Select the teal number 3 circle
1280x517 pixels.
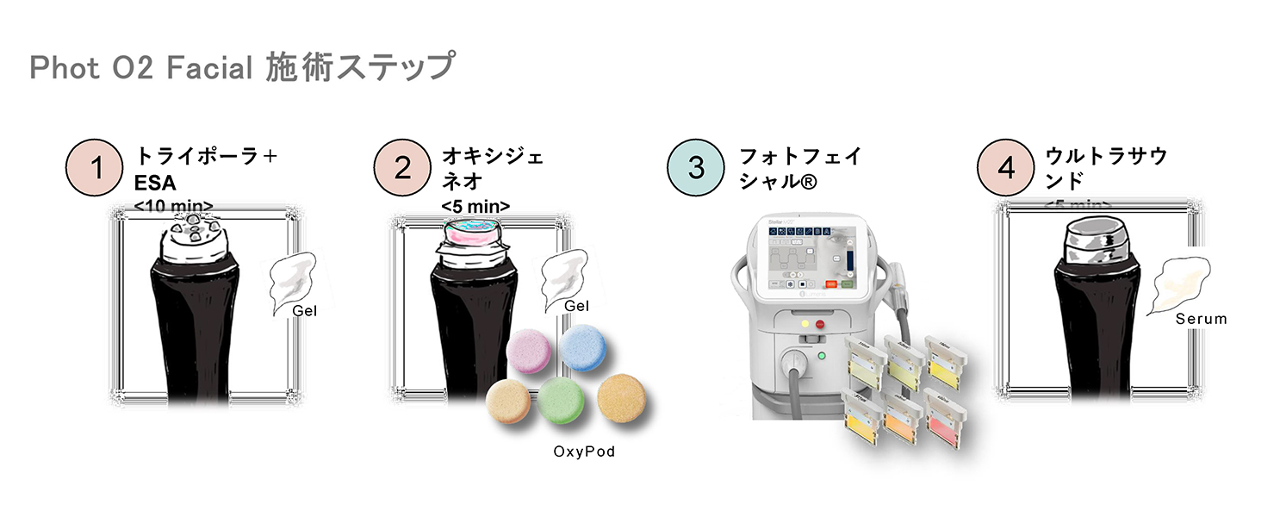(696, 168)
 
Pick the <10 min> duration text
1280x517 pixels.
(174, 205)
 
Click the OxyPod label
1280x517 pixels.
(584, 451)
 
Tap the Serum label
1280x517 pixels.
(1201, 319)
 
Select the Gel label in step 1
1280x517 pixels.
(304, 311)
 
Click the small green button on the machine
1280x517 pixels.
(821, 355)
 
